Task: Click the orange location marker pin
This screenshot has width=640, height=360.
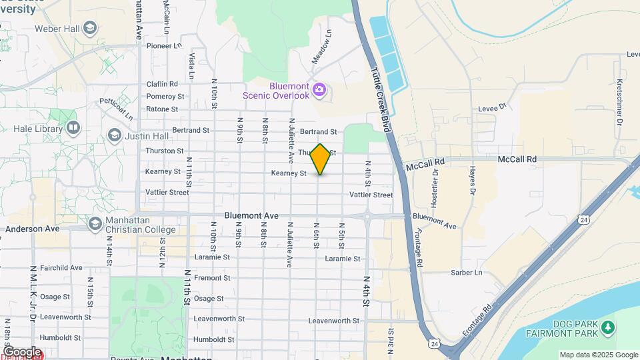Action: pos(321,159)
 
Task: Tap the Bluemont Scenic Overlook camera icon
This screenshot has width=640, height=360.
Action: pos(319,90)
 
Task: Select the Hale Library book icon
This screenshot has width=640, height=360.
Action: pos(73,127)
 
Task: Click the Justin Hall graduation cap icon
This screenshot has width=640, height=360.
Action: pos(114,136)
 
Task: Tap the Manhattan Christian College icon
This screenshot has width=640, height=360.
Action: pos(95,223)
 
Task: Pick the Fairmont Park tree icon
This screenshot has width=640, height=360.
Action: pos(607,327)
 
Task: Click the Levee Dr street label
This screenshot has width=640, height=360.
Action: pos(493,106)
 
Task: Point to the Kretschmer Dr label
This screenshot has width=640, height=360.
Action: pos(619,103)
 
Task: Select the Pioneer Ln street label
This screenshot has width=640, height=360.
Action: pos(164,46)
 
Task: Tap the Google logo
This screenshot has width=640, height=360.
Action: pos(22,352)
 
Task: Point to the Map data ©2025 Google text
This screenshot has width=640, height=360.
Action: pos(598,355)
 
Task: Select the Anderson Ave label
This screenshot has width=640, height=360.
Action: pos(33,229)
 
